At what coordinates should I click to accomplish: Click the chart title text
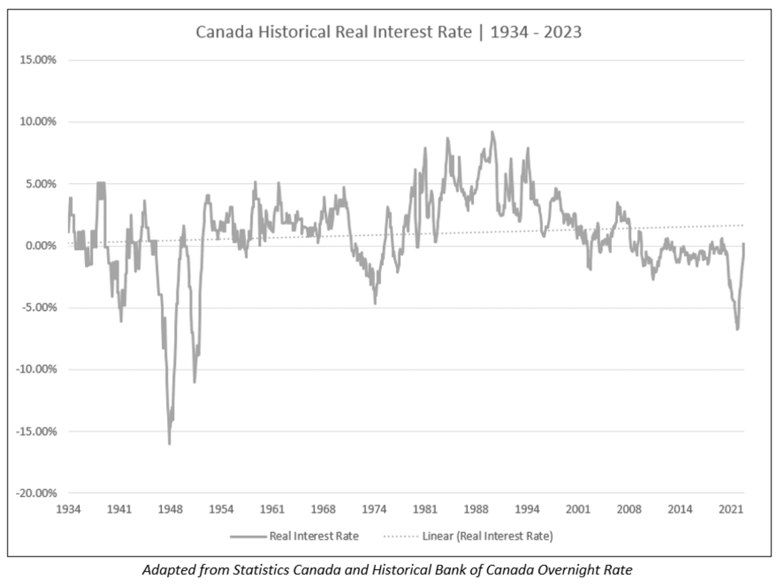click(x=388, y=32)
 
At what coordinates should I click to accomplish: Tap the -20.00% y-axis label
click(x=37, y=493)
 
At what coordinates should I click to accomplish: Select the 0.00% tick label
click(x=41, y=246)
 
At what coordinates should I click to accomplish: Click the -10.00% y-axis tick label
click(x=37, y=369)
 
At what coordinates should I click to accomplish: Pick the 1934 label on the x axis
click(x=68, y=509)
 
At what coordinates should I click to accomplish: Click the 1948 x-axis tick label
click(x=170, y=509)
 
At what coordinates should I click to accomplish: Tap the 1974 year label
click(x=374, y=509)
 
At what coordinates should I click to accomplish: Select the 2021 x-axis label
click(x=731, y=509)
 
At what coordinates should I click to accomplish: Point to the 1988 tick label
click(x=476, y=509)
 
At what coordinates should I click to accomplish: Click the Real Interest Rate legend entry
click(x=314, y=536)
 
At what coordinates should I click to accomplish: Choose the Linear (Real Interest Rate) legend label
click(x=487, y=536)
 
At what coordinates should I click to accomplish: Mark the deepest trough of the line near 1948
click(x=169, y=444)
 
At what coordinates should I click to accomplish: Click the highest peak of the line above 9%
click(x=492, y=132)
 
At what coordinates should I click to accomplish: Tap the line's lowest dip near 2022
click(x=737, y=329)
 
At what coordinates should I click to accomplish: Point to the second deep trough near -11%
click(x=195, y=382)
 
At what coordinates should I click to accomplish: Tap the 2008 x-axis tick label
click(x=629, y=509)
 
